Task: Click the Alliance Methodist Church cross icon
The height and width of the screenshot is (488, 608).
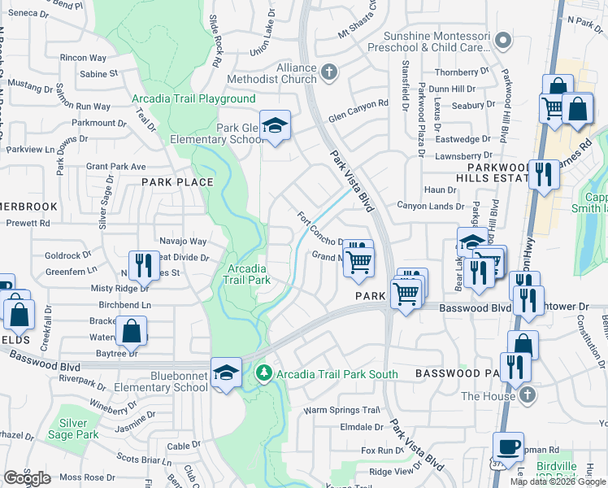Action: tap(329, 73)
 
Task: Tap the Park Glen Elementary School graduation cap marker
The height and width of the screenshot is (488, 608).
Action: tap(276, 127)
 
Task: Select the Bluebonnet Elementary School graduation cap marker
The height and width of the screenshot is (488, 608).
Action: tap(226, 373)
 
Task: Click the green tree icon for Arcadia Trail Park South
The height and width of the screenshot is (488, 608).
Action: tap(263, 373)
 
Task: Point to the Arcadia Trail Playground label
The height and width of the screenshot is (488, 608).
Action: tap(193, 99)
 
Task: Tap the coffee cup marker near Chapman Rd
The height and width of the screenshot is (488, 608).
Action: tap(508, 447)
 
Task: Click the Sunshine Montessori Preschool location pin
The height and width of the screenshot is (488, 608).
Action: tap(504, 39)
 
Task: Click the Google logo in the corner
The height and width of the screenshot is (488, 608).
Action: tap(27, 477)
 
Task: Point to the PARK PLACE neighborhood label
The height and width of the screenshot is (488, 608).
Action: tap(177, 182)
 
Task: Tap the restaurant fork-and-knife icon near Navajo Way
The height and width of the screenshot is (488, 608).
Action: tap(144, 264)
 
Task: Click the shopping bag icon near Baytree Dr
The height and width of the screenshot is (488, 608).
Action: tap(131, 332)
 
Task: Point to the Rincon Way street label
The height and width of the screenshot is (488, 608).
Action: tap(83, 58)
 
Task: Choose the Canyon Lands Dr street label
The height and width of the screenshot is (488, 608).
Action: tap(430, 206)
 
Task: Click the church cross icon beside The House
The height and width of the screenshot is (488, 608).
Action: tap(527, 395)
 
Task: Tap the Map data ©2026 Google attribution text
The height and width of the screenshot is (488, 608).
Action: tap(557, 481)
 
